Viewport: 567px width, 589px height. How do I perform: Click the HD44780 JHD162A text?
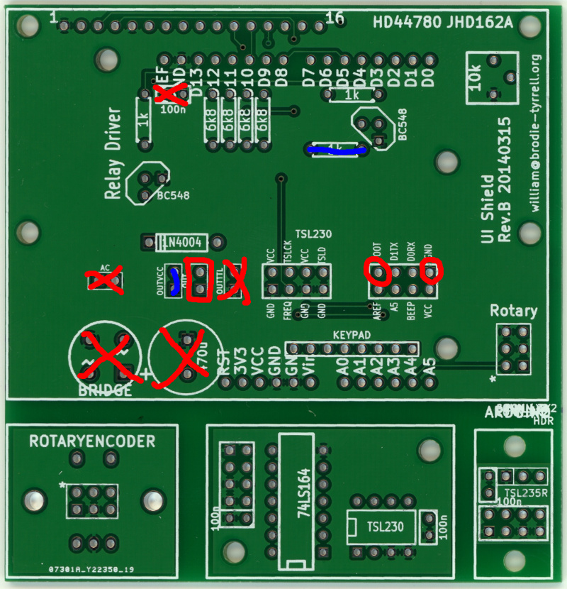442,22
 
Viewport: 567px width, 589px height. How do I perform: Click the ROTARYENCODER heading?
92,441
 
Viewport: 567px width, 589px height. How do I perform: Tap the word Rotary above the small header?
513,311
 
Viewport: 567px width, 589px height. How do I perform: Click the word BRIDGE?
104,390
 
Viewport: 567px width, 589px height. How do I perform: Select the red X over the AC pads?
104,280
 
